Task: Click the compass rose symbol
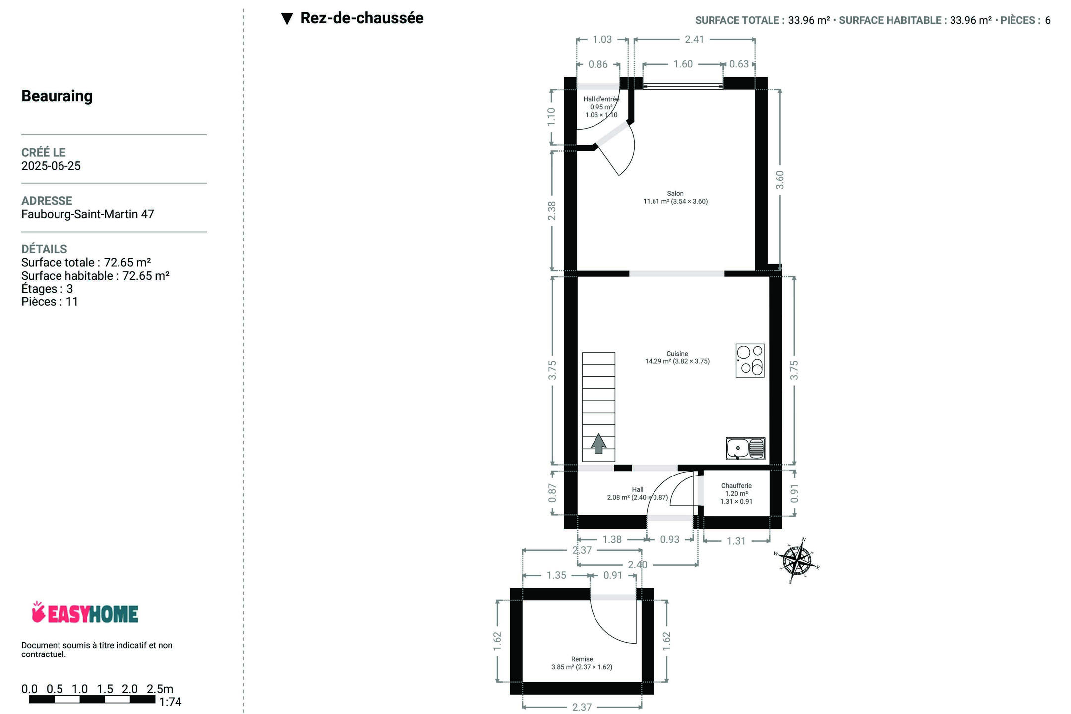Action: tap(796, 561)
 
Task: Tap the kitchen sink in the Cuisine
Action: tap(745, 448)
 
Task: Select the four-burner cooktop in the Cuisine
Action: tap(750, 360)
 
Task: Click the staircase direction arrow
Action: tap(598, 444)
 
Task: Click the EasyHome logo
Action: tap(85, 613)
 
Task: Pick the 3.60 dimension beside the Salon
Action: tap(780, 180)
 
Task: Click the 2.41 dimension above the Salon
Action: tap(694, 39)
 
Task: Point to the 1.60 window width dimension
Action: tap(683, 64)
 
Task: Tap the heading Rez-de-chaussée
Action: tap(362, 18)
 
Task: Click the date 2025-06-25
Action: tap(51, 166)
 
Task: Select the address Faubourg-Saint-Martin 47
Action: tap(88, 214)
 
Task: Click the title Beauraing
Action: tap(57, 96)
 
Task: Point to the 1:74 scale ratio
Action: tap(170, 702)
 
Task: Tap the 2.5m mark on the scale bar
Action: tap(160, 689)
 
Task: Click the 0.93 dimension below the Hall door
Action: tap(669, 539)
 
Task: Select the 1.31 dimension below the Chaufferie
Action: tap(736, 541)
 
